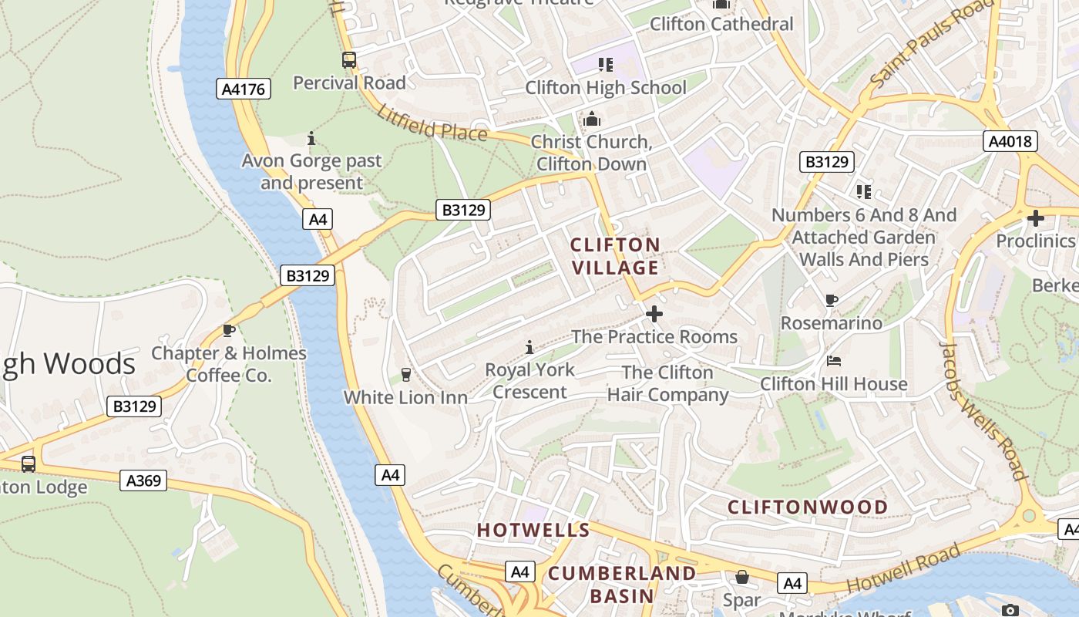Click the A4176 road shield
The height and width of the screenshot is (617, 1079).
pyautogui.click(x=243, y=89)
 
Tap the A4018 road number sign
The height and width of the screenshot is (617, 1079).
pyautogui.click(x=1010, y=141)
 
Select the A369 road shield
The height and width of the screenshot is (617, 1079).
pyautogui.click(x=143, y=480)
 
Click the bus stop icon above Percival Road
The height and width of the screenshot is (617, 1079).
pyautogui.click(x=349, y=59)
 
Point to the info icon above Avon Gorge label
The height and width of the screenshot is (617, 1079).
pyautogui.click(x=311, y=139)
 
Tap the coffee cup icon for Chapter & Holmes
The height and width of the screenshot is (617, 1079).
pyautogui.click(x=228, y=330)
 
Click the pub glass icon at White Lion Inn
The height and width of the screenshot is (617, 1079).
pyautogui.click(x=405, y=375)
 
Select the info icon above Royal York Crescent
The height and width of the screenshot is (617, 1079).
pyautogui.click(x=529, y=347)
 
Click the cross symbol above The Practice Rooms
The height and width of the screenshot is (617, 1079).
pyautogui.click(x=654, y=314)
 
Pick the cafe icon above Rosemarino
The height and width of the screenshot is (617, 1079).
pyautogui.click(x=831, y=300)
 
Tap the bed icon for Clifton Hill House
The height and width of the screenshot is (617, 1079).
pyautogui.click(x=833, y=360)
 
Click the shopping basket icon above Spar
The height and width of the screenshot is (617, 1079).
pyautogui.click(x=741, y=577)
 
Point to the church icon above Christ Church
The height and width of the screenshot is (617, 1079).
pyautogui.click(x=591, y=119)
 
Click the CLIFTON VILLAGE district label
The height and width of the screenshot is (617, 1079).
pyautogui.click(x=615, y=256)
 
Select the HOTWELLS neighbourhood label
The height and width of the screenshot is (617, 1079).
pyautogui.click(x=533, y=530)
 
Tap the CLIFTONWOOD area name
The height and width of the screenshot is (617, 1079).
pyautogui.click(x=808, y=507)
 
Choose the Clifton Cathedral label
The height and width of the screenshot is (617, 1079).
pyautogui.click(x=721, y=24)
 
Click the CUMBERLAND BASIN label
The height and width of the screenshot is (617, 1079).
pyautogui.click(x=622, y=585)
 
